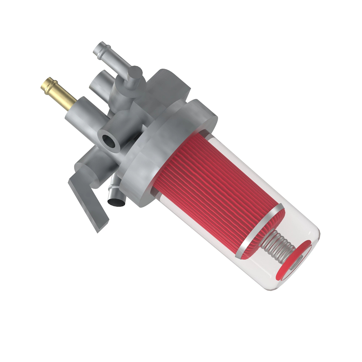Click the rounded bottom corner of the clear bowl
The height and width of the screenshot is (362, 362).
[271, 288]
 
